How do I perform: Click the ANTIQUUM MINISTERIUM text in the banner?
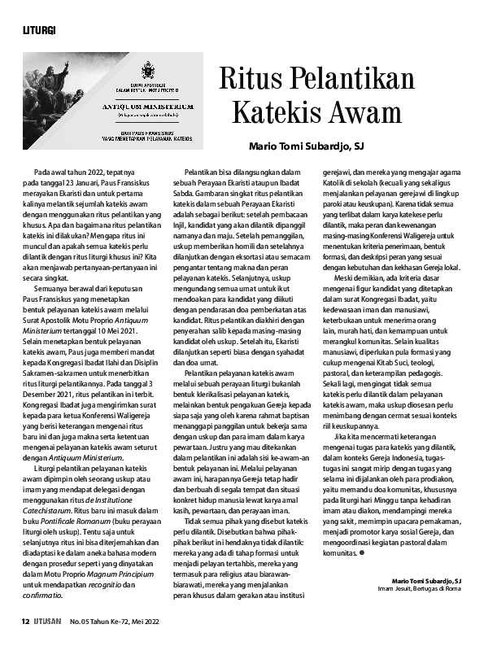(x=146, y=106)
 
